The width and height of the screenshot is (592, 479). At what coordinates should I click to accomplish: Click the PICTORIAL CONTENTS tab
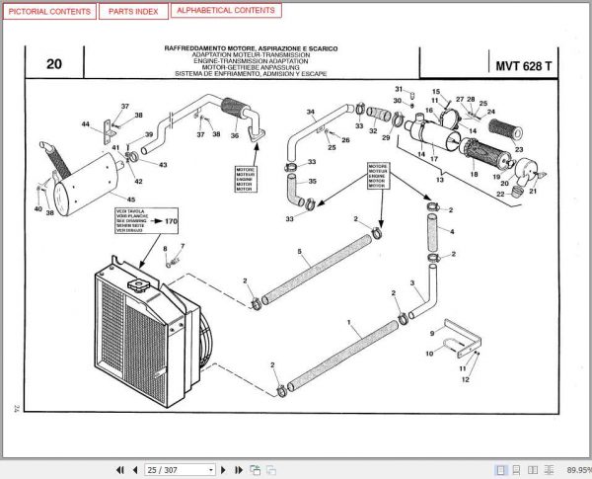(x=49, y=12)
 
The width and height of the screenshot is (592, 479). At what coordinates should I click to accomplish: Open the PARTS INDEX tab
(x=132, y=12)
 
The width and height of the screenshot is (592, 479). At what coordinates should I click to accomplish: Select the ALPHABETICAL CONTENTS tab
(x=225, y=12)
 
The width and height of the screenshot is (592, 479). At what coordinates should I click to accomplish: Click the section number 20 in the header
(x=53, y=66)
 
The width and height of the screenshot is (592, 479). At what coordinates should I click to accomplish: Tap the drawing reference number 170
(x=171, y=221)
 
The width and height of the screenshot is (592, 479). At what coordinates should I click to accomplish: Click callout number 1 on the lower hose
(x=349, y=322)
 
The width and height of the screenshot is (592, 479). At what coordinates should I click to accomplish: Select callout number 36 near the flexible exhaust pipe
(x=235, y=135)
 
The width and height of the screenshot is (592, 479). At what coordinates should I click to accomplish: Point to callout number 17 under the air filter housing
(x=434, y=157)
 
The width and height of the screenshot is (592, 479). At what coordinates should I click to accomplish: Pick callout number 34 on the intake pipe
(x=310, y=112)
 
